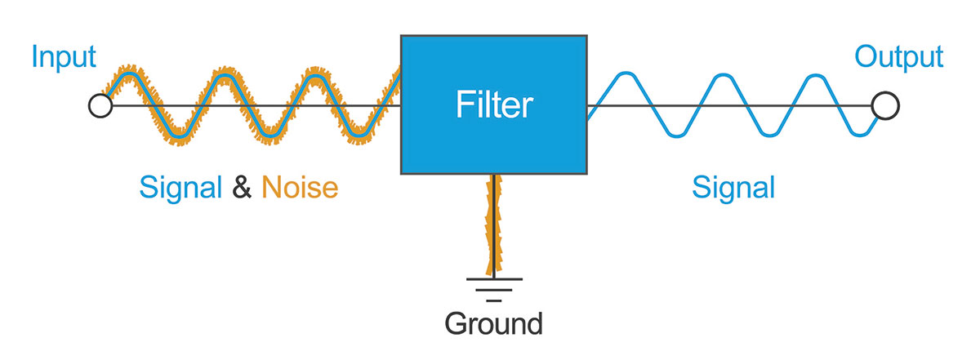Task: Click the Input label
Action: pos(64,58)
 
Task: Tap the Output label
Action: pos(898,58)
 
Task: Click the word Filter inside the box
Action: pos(493,105)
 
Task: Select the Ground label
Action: pos(493,323)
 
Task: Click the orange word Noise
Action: pos(300,189)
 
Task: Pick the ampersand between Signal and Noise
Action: pos(242,189)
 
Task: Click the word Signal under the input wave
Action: pos(180,189)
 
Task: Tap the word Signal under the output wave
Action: pos(733,189)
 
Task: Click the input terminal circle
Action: pos(100,105)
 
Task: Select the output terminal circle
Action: pos(884,105)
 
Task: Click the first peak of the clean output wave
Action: pos(624,76)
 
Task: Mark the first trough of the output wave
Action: pos(671,135)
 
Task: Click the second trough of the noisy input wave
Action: pos(270,133)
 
